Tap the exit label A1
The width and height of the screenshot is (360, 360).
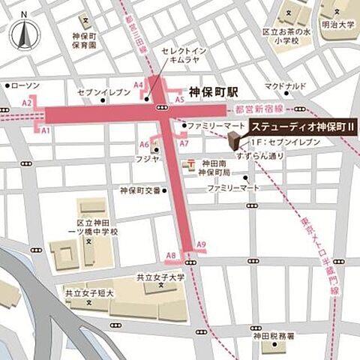pos(45,130)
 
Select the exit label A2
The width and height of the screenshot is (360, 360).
pos(27,102)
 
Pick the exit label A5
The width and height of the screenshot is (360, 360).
pos(179,99)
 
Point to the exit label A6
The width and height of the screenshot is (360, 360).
pos(144,144)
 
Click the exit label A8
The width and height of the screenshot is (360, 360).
pos(171,256)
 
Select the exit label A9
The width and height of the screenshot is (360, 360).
pos(200,244)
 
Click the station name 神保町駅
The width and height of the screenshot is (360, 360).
pos(214,91)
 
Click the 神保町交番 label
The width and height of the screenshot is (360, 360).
pos(140,190)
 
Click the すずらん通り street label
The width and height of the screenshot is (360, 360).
pos(260,156)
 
